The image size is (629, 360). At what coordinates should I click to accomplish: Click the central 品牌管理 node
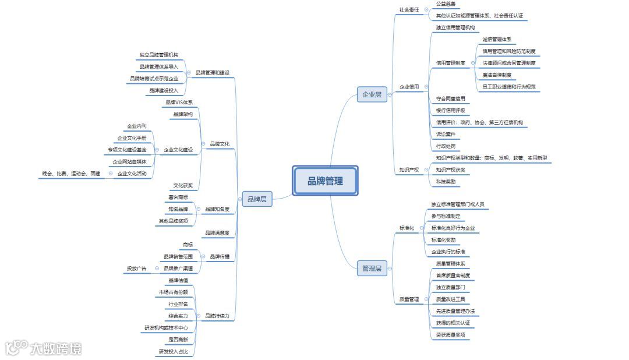point(325,181)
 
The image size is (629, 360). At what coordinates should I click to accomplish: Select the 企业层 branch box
point(372,94)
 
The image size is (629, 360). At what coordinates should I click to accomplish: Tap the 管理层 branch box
point(372,269)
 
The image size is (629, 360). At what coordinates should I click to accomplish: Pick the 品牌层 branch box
point(257,199)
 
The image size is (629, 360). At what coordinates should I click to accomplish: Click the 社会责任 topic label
point(409,10)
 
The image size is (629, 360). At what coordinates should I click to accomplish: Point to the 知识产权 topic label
point(409,170)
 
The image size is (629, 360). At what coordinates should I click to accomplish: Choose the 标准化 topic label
point(407,228)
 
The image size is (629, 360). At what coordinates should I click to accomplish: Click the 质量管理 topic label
point(409,299)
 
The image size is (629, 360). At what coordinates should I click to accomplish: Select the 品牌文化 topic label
point(219,144)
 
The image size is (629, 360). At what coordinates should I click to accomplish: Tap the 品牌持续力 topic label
point(217,316)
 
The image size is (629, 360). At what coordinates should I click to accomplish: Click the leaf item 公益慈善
point(446,4)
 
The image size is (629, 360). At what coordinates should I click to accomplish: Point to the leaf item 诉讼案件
point(446,135)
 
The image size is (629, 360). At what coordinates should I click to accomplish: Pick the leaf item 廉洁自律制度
point(497,75)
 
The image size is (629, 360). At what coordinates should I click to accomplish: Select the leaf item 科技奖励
point(446,182)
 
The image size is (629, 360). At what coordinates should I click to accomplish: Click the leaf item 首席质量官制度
point(453,276)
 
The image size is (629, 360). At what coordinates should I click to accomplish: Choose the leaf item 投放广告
point(136,269)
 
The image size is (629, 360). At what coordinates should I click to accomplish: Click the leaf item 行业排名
point(178,304)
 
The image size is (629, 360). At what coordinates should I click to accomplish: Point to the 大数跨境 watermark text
point(56,348)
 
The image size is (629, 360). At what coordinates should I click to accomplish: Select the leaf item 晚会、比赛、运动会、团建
point(71,174)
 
